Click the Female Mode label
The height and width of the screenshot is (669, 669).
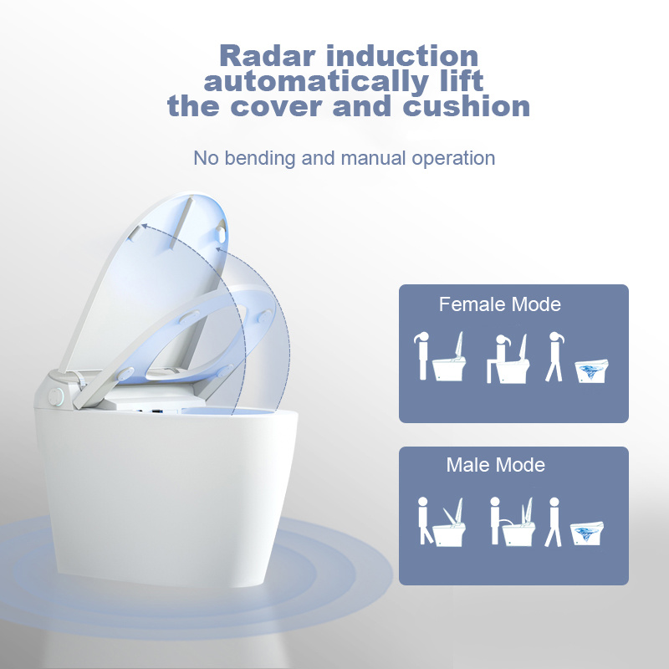tap(500, 304)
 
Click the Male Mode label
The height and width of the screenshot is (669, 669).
tap(496, 465)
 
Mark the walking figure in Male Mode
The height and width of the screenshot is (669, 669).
tap(553, 521)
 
